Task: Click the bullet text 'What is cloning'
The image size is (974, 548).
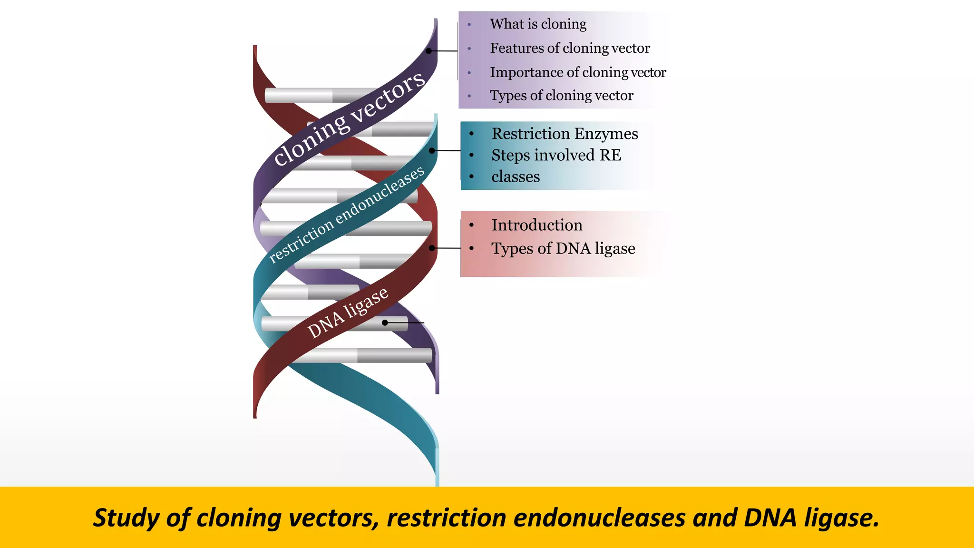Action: tap(538, 24)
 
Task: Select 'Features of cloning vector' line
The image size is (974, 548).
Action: tap(570, 48)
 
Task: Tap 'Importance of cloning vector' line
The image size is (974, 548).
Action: tap(578, 72)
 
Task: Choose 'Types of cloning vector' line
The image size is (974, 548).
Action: tap(561, 96)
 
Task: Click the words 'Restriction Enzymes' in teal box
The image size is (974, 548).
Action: tap(565, 134)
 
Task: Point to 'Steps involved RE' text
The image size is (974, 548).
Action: tap(556, 155)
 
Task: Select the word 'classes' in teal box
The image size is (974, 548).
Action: tap(516, 176)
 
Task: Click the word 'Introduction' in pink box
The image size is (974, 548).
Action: tap(536, 225)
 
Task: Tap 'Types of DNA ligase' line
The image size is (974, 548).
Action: tap(563, 248)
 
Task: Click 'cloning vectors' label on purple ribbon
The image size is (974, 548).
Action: tap(349, 119)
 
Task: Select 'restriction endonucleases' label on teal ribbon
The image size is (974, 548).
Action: tap(346, 215)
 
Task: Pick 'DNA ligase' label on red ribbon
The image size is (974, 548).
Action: tap(348, 313)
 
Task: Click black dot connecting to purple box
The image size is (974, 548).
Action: tap(429, 51)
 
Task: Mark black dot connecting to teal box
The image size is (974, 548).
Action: tap(432, 151)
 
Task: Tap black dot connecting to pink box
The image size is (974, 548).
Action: tap(432, 248)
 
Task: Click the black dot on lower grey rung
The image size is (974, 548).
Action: tap(385, 323)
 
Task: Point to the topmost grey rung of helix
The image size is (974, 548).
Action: tap(304, 95)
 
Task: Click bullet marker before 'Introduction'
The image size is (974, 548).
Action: tap(471, 225)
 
